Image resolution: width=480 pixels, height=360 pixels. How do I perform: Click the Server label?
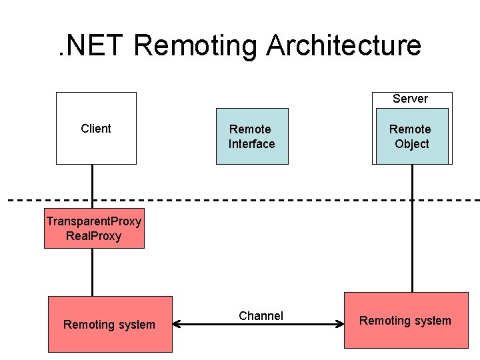410,99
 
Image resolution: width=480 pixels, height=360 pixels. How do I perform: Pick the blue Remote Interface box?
252,136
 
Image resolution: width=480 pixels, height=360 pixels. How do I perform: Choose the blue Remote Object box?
411,137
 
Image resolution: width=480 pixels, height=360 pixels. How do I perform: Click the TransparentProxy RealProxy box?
94,229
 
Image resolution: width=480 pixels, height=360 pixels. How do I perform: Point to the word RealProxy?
94,236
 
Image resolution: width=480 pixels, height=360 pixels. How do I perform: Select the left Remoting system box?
110,324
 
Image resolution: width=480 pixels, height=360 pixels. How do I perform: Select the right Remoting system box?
405,321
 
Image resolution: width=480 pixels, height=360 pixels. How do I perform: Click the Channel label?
261,316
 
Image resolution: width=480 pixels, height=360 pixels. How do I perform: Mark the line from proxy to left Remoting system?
92,272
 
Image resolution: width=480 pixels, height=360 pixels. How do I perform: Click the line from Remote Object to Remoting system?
412,227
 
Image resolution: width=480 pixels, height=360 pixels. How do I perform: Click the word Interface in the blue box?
251,144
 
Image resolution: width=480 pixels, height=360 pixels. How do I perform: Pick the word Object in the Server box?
411,144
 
